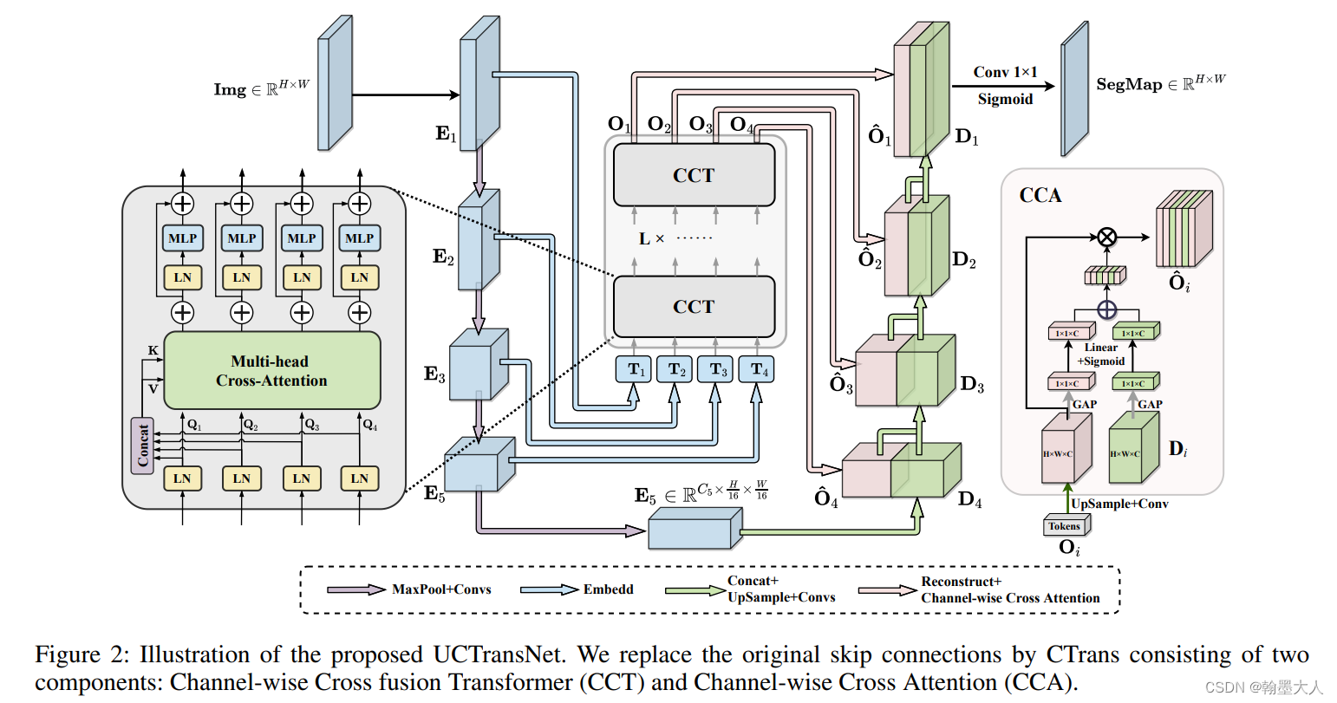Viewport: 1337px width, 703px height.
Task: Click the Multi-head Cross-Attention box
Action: coord(272,371)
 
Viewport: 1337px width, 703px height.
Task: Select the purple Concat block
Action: coord(142,446)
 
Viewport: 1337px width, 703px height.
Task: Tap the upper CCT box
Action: coord(695,175)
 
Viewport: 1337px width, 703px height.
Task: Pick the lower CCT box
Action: coord(695,307)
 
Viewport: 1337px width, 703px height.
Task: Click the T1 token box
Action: coord(634,369)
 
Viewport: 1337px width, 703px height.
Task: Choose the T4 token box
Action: coord(757,369)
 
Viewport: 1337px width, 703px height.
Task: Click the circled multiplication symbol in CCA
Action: coord(1107,237)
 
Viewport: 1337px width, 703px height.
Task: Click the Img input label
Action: coord(262,88)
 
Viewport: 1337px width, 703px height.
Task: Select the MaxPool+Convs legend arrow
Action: coord(356,589)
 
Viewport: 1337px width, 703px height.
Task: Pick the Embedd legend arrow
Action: coord(549,589)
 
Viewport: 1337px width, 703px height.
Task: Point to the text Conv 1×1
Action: coord(1005,72)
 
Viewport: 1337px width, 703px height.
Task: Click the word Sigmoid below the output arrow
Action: coord(1005,99)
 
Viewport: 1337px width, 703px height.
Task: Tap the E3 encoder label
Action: coord(434,374)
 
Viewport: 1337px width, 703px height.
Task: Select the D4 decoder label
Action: coord(970,499)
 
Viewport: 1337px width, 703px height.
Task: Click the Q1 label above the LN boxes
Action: coord(194,425)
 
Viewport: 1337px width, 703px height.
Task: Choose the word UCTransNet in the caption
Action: coord(499,654)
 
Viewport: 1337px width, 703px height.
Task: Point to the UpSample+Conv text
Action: coord(1119,504)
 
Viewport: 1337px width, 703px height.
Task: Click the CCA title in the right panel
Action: coord(1040,195)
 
